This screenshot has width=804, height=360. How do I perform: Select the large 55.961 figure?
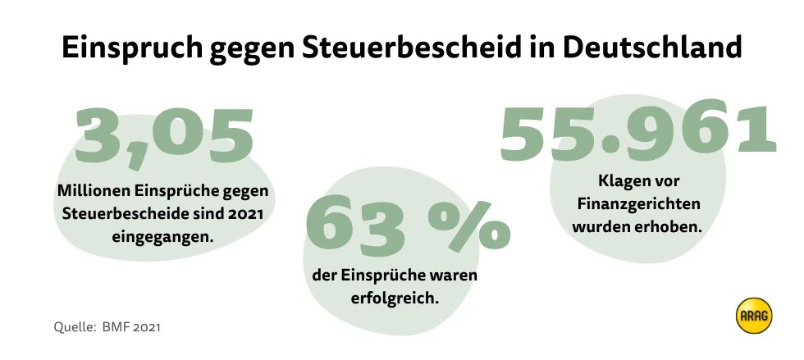point(637,131)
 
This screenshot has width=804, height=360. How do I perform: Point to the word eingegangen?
point(162,236)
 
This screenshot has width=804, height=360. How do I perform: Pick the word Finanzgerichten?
point(635,203)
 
